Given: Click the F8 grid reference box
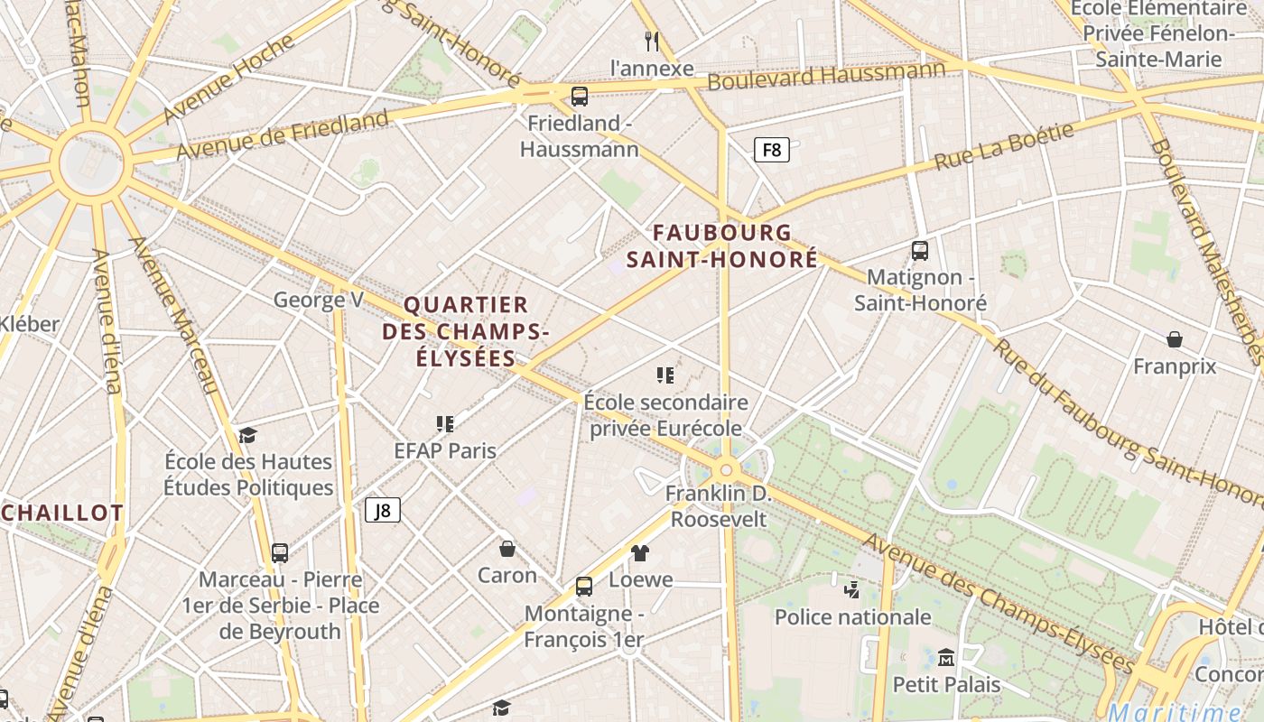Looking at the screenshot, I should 772,150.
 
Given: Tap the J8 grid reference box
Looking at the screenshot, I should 383,511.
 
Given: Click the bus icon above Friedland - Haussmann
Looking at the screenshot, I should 580,96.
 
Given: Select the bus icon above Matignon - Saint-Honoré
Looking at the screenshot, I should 920,251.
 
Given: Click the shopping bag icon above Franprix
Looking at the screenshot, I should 1175,339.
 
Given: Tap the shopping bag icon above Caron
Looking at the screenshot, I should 507,548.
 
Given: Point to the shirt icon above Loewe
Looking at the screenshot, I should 640,552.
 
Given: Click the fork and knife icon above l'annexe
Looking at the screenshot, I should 652,41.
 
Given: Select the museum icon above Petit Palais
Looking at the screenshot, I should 946,657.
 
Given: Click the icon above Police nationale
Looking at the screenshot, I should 851,590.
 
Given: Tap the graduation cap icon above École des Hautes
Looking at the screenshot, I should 248,435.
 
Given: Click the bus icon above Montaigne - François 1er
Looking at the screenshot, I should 584,587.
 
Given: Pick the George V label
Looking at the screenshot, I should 318,300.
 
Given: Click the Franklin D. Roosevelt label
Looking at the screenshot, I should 720,506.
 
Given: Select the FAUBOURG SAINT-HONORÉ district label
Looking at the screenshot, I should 722,246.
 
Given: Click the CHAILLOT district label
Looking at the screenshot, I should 62,513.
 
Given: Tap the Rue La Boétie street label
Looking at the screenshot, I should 1004,146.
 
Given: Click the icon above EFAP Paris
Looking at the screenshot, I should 445,423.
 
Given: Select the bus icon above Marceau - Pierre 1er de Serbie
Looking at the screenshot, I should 280,552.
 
